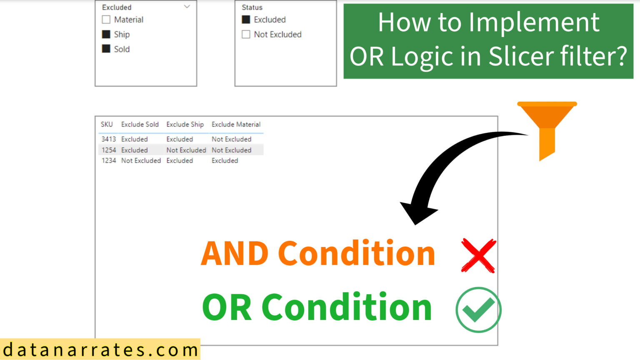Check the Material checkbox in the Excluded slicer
tap(106, 20)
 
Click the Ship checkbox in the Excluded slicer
tap(106, 34)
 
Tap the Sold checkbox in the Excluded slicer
tap(106, 49)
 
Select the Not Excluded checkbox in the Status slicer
tap(246, 34)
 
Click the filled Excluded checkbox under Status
tap(246, 20)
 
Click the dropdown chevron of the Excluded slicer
tap(187, 7)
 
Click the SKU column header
tap(107, 124)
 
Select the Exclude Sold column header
tap(140, 124)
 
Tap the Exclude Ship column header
tap(185, 124)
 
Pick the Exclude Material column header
tap(236, 124)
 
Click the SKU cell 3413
tap(109, 139)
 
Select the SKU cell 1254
tap(109, 150)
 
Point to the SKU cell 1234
tap(109, 160)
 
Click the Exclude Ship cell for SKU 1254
tap(186, 150)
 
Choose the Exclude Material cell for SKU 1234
tap(225, 160)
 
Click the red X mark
tap(478, 255)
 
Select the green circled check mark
tap(478, 310)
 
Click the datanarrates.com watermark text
tap(100, 350)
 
